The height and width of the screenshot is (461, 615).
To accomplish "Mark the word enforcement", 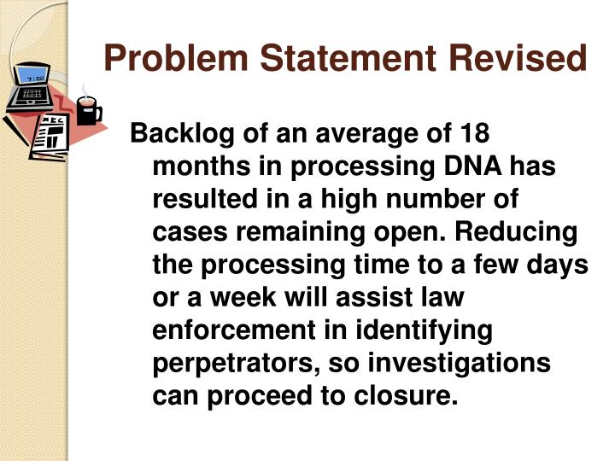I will pos(223,330).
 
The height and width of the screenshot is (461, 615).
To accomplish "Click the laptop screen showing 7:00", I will pos(33,79).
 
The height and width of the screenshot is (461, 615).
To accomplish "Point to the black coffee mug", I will pos(87,110).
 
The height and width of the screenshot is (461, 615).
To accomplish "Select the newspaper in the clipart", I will pos(50,133).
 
